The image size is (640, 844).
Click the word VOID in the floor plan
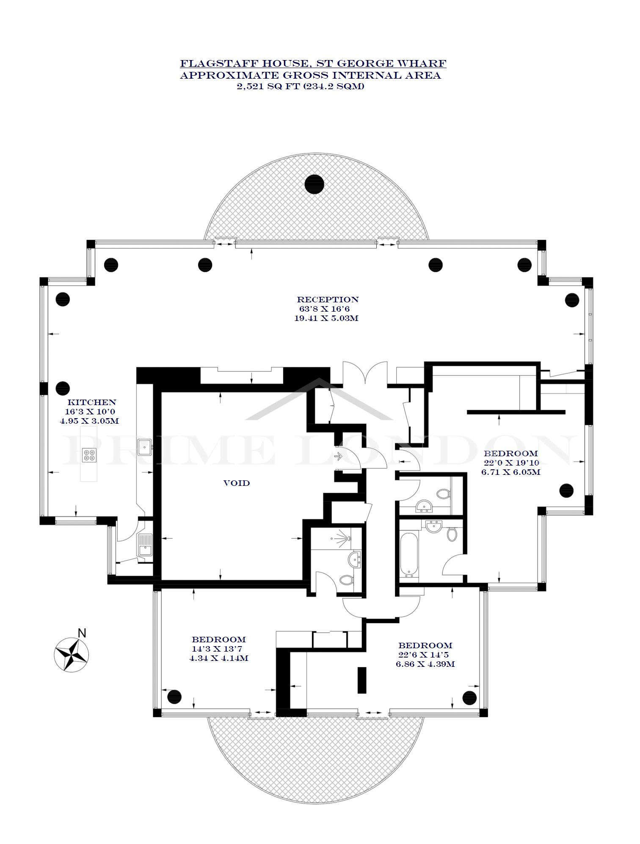coord(237,483)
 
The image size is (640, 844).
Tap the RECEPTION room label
coord(328,299)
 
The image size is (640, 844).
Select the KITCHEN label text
coord(91,402)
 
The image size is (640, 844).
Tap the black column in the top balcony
coord(314,184)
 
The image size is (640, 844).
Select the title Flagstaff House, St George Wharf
coord(313,63)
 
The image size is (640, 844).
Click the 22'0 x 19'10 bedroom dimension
coord(511,463)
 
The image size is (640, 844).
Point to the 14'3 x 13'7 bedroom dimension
coord(216,649)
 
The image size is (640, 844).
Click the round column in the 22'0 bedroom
coord(566,490)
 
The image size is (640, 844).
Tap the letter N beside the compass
coord(82,633)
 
